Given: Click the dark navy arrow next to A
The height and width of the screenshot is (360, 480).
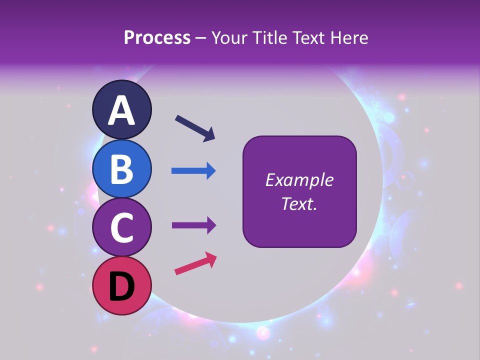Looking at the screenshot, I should click(195, 128).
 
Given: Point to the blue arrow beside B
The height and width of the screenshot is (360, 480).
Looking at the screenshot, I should click(193, 171).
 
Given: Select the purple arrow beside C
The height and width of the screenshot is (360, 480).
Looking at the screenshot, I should click(193, 225).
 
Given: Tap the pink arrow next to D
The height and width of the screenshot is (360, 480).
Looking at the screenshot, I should click(195, 264).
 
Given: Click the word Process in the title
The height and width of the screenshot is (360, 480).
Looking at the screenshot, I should click(157, 38).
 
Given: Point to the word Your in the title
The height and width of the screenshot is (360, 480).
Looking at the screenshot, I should click(228, 38).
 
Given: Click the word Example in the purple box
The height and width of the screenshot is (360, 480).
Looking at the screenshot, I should click(299, 180).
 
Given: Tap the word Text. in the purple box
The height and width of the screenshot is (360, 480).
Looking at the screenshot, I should click(299, 203).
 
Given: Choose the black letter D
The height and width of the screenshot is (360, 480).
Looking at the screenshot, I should click(122, 287).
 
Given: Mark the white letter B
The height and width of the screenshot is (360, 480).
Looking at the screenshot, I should click(122, 169).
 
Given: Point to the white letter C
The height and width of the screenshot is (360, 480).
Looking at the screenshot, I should click(122, 228).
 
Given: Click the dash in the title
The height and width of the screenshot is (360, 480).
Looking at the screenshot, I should click(200, 38).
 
